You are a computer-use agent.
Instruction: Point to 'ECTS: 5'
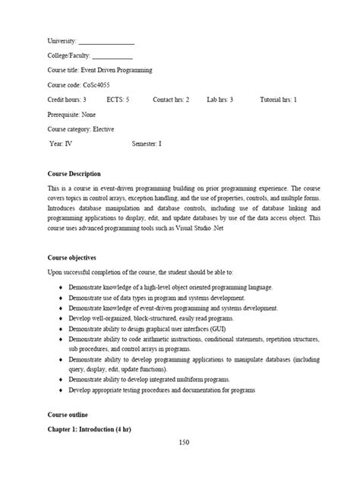pyautogui.click(x=118, y=99)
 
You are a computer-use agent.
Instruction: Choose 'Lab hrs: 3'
pyautogui.click(x=220, y=99)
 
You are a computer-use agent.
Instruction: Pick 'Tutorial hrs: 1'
pyautogui.click(x=279, y=99)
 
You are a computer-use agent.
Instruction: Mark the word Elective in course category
pyautogui.click(x=104, y=129)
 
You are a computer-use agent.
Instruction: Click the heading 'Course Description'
pyautogui.click(x=74, y=174)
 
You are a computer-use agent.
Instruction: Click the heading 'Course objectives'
pyautogui.click(x=72, y=258)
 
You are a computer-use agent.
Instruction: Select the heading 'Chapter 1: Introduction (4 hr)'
pyautogui.click(x=89, y=430)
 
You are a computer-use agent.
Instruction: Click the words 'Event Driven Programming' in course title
pyautogui.click(x=118, y=70)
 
